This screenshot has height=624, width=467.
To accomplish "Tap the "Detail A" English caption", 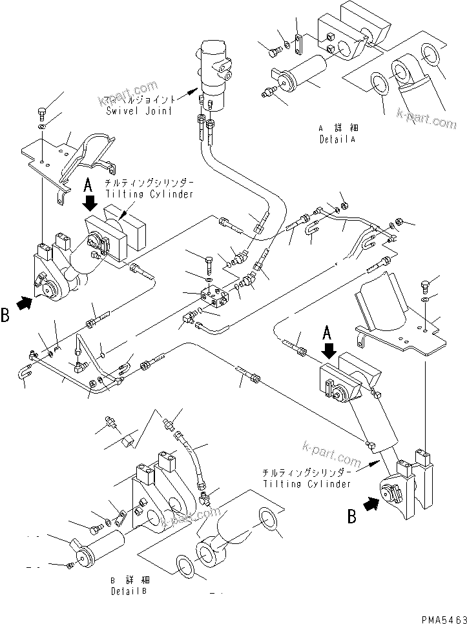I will [x=337, y=139].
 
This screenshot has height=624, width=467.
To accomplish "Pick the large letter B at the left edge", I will [x=5, y=316].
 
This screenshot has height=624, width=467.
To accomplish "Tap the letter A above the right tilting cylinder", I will [x=327, y=333].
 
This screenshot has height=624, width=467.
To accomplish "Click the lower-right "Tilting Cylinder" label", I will [x=307, y=483].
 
